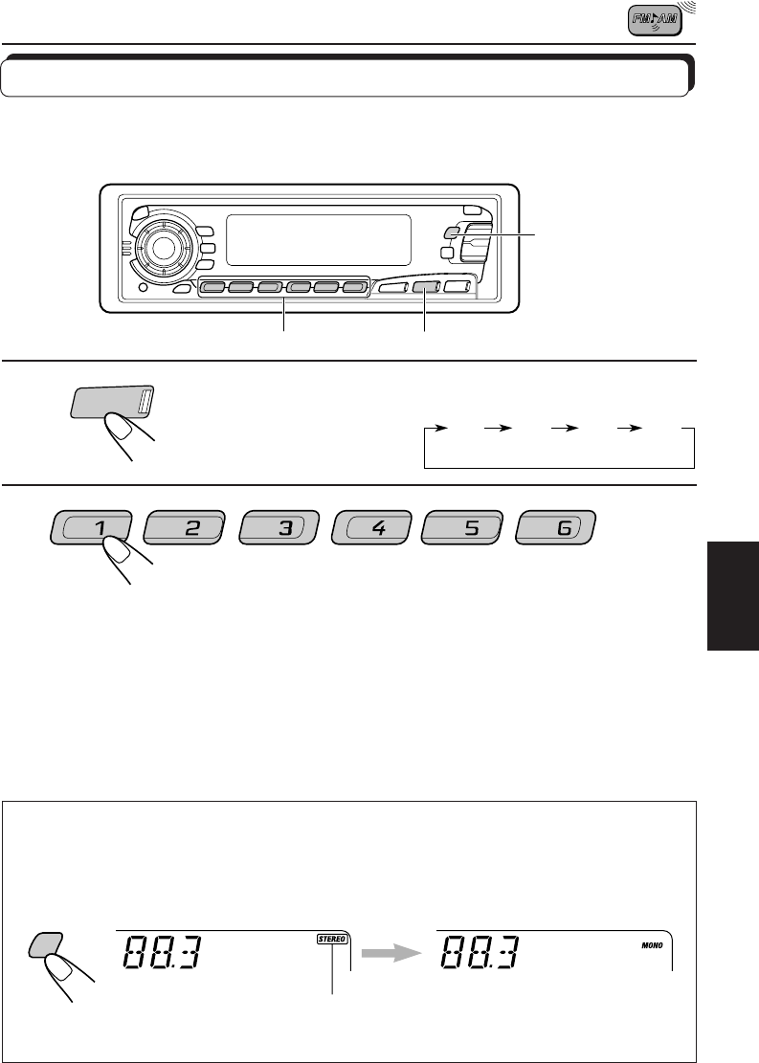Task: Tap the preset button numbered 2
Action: pyautogui.click(x=183, y=528)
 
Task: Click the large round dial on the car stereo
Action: pyautogui.click(x=162, y=248)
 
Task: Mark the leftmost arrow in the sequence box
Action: pyautogui.click(x=448, y=429)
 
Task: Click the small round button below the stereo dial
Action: pyautogui.click(x=143, y=287)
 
